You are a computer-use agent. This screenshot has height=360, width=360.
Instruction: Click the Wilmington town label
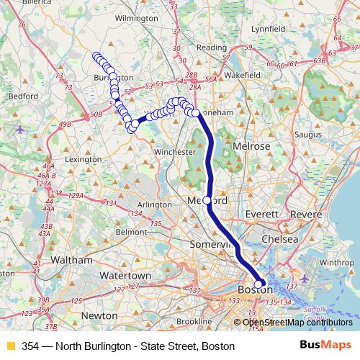(x=136, y=17)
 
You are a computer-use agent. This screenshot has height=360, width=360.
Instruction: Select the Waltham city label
(x=71, y=260)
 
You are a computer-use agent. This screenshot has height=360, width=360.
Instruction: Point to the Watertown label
(x=125, y=276)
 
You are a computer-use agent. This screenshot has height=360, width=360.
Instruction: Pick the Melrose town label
(x=251, y=146)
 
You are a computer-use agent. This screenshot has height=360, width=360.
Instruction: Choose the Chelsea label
(x=280, y=238)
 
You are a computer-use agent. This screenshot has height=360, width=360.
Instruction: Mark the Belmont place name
(x=131, y=232)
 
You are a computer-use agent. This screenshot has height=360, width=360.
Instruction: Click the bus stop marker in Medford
(x=207, y=200)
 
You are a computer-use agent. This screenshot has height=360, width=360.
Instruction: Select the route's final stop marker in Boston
(x=259, y=284)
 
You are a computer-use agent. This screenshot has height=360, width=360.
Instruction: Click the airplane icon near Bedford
(x=19, y=130)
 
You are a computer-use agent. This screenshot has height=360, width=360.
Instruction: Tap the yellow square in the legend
(x=10, y=346)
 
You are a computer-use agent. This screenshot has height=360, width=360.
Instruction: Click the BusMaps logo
(x=330, y=346)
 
